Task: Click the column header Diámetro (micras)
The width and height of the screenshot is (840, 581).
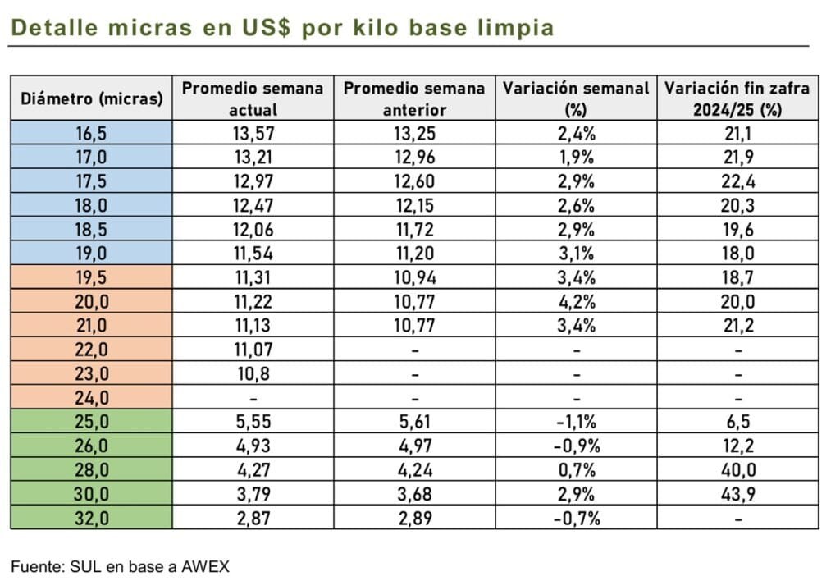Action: coord(91,99)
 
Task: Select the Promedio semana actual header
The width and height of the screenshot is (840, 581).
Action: coord(253,98)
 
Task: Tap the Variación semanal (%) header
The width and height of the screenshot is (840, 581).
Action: coord(576,98)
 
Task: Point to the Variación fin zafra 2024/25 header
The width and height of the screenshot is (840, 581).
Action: coord(737,98)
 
